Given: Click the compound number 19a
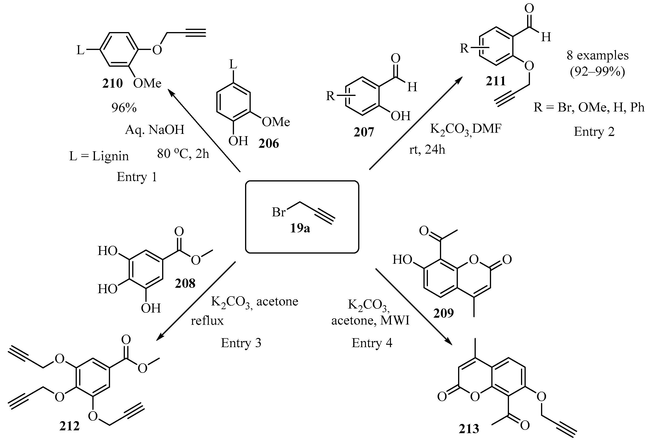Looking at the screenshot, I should (300, 228).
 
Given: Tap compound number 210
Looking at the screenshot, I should (112, 83).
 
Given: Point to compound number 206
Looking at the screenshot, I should (269, 143).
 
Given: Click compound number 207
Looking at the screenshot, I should (364, 132).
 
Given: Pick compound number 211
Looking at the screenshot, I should (496, 81).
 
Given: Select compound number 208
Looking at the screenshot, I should (185, 283).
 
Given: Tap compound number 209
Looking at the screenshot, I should (443, 313).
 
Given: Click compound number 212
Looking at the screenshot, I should (70, 426).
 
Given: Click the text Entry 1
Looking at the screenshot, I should (137, 177).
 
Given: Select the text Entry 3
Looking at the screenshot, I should (241, 343).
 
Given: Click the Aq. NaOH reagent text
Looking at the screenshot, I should (155, 130).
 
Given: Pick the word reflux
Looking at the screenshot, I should (207, 321).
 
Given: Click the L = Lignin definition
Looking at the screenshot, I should (99, 156).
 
